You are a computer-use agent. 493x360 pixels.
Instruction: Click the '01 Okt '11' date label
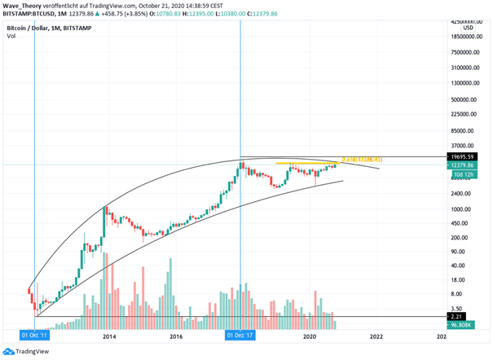34,334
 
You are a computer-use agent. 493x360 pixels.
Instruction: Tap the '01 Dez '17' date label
240,334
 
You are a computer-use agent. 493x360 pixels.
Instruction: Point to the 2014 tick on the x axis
108,335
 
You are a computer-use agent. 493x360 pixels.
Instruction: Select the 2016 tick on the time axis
175,335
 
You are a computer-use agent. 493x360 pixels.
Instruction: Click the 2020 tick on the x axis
309,335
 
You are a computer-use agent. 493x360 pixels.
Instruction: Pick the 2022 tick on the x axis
376,335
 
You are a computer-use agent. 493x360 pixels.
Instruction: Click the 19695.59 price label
466,156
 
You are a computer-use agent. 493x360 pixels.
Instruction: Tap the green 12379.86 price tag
466,165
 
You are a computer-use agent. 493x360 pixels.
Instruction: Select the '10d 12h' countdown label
465,173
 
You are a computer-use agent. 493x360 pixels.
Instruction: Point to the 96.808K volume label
466,324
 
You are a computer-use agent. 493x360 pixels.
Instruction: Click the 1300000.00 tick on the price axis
464,83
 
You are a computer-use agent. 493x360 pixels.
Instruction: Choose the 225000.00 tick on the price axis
466,115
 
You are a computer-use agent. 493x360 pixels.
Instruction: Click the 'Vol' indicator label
11,36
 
